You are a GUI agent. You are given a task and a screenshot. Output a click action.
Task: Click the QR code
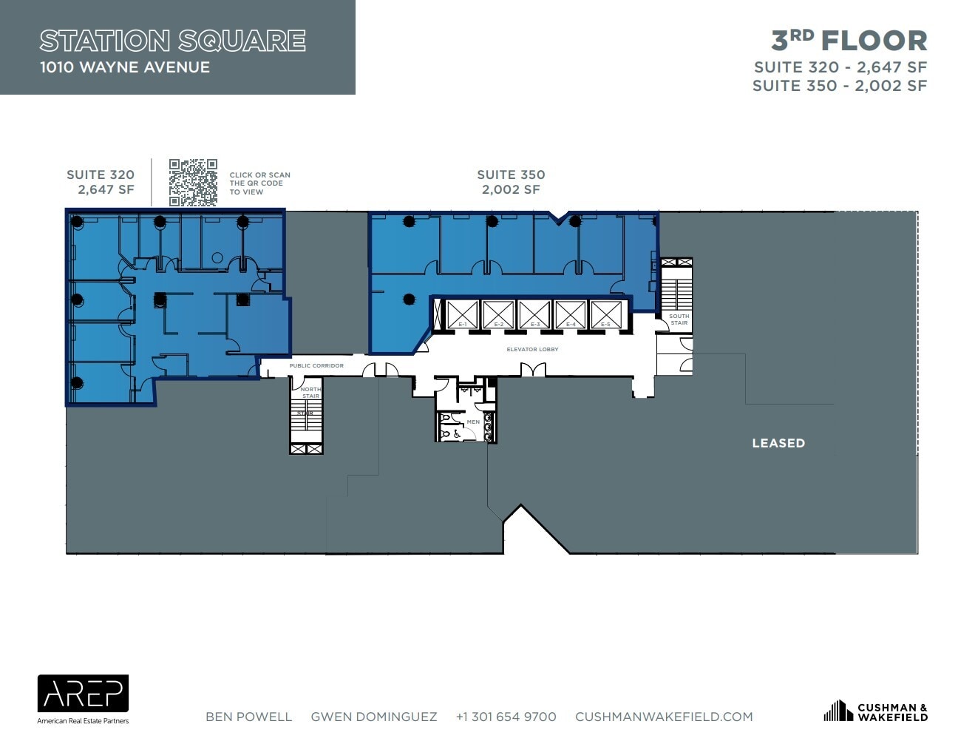tap(193, 182)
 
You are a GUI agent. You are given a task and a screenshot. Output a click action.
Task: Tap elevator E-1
tap(462, 315)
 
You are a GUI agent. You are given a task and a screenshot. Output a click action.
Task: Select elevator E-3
tap(534, 315)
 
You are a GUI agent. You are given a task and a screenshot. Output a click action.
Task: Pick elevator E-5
tap(606, 315)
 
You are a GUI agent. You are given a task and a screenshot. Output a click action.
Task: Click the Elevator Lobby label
tap(532, 349)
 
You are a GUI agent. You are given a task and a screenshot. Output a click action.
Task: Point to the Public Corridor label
tap(316, 365)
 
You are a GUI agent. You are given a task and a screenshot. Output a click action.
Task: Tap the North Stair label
tap(310, 393)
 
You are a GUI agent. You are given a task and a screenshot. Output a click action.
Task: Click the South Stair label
tap(679, 319)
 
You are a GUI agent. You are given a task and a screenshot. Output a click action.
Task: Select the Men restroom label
tap(473, 422)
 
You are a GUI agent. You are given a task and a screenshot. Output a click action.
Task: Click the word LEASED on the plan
tap(778, 443)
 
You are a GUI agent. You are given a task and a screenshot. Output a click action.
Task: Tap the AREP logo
tap(83, 695)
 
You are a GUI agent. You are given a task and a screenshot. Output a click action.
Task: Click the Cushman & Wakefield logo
tap(875, 711)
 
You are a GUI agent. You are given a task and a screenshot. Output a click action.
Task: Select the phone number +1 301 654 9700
tap(506, 717)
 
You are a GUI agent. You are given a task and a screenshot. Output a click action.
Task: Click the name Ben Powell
tap(248, 717)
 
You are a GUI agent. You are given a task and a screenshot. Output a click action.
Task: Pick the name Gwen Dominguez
tap(373, 717)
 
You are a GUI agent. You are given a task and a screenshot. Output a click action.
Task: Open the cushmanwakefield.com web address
tap(664, 717)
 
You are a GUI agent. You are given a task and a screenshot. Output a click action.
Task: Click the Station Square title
tap(172, 41)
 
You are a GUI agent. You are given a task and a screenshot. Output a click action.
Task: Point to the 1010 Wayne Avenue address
tap(125, 67)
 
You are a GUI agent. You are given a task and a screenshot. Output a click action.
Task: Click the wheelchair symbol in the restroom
tap(457, 435)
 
